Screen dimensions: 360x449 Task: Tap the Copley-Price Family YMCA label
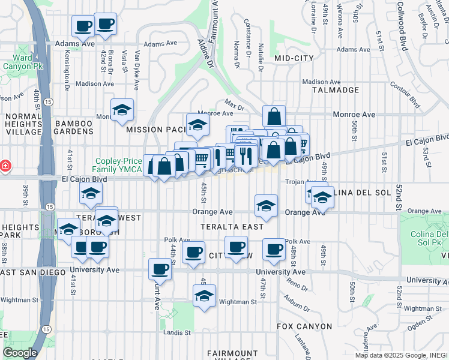tap(119, 166)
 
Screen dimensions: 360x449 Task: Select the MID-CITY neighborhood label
tap(294, 58)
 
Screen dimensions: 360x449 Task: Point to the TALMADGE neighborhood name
tap(336, 90)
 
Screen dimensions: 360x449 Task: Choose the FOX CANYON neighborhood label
tap(304, 326)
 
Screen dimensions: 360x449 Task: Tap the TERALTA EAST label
tap(232, 227)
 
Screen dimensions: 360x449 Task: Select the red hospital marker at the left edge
tap(4, 165)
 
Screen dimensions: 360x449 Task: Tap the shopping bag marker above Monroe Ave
tap(274, 115)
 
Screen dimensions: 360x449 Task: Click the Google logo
tap(20, 353)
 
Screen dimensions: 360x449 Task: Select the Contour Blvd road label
tap(409, 94)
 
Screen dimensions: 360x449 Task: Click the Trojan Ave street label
tap(301, 182)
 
